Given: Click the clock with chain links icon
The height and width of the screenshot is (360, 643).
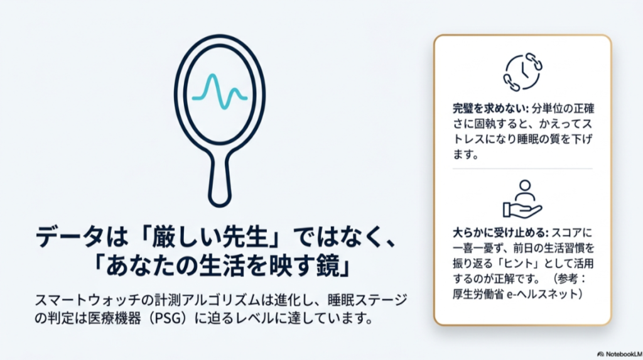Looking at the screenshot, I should click(x=522, y=72).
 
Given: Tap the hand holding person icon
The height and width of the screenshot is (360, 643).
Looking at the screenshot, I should click(x=522, y=200).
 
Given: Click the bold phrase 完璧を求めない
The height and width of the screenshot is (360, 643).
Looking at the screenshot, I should click(x=487, y=107).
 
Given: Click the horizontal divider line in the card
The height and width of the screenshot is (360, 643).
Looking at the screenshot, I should click(x=522, y=168).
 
